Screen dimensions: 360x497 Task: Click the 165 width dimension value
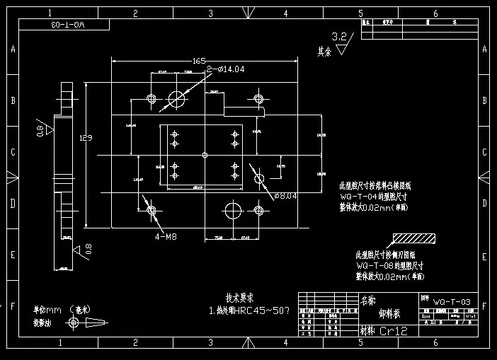[198, 62]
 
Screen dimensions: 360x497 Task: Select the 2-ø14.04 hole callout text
[226, 69]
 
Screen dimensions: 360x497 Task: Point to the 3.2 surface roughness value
[339, 36]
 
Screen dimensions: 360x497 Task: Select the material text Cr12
[394, 331]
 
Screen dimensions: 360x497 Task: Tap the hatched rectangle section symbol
[413, 238]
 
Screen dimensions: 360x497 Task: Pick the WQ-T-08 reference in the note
[377, 266]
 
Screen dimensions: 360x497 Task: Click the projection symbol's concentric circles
[73, 323]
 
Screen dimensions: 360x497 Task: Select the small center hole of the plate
[205, 154]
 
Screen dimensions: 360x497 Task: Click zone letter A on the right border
[484, 50]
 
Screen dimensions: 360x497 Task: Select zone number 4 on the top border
[285, 13]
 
